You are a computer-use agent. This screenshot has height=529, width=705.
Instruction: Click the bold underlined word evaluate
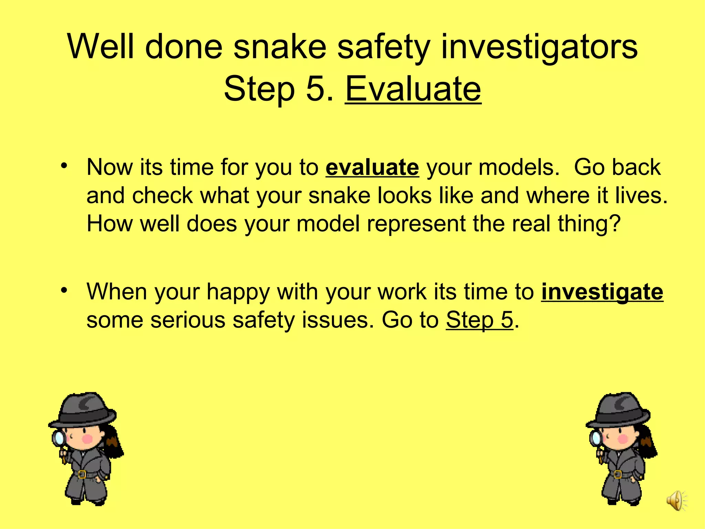pyautogui.click(x=372, y=168)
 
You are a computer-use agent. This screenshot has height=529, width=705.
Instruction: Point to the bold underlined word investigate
pyautogui.click(x=602, y=292)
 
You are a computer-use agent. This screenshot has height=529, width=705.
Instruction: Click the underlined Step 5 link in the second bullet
pyautogui.click(x=480, y=320)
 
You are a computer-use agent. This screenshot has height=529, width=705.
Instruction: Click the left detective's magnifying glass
pyautogui.click(x=59, y=438)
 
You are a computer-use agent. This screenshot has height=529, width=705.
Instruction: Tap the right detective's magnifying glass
pyautogui.click(x=596, y=438)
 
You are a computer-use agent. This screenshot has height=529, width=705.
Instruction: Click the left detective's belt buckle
pyautogui.click(x=82, y=474)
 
